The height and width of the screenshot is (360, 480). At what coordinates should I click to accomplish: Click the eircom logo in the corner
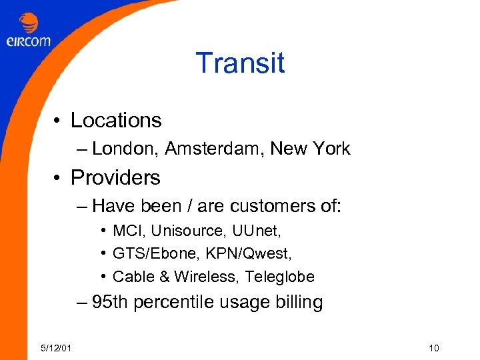(x=28, y=32)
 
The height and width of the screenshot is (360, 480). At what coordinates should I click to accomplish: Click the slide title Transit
(x=240, y=63)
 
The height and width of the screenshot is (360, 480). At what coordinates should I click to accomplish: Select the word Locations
(x=116, y=120)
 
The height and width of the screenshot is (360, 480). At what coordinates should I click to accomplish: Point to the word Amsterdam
(x=214, y=149)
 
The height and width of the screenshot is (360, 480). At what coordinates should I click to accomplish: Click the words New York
(x=310, y=149)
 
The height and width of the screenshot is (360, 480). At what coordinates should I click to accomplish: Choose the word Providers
(x=115, y=177)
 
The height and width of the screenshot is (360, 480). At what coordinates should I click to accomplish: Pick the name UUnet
(x=257, y=231)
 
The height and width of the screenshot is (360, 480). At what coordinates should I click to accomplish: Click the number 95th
(x=109, y=302)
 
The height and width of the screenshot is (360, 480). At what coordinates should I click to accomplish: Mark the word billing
(x=299, y=302)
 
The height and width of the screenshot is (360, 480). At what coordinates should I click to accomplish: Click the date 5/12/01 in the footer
(x=57, y=348)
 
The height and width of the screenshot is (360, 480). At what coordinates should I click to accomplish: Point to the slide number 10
(x=434, y=348)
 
